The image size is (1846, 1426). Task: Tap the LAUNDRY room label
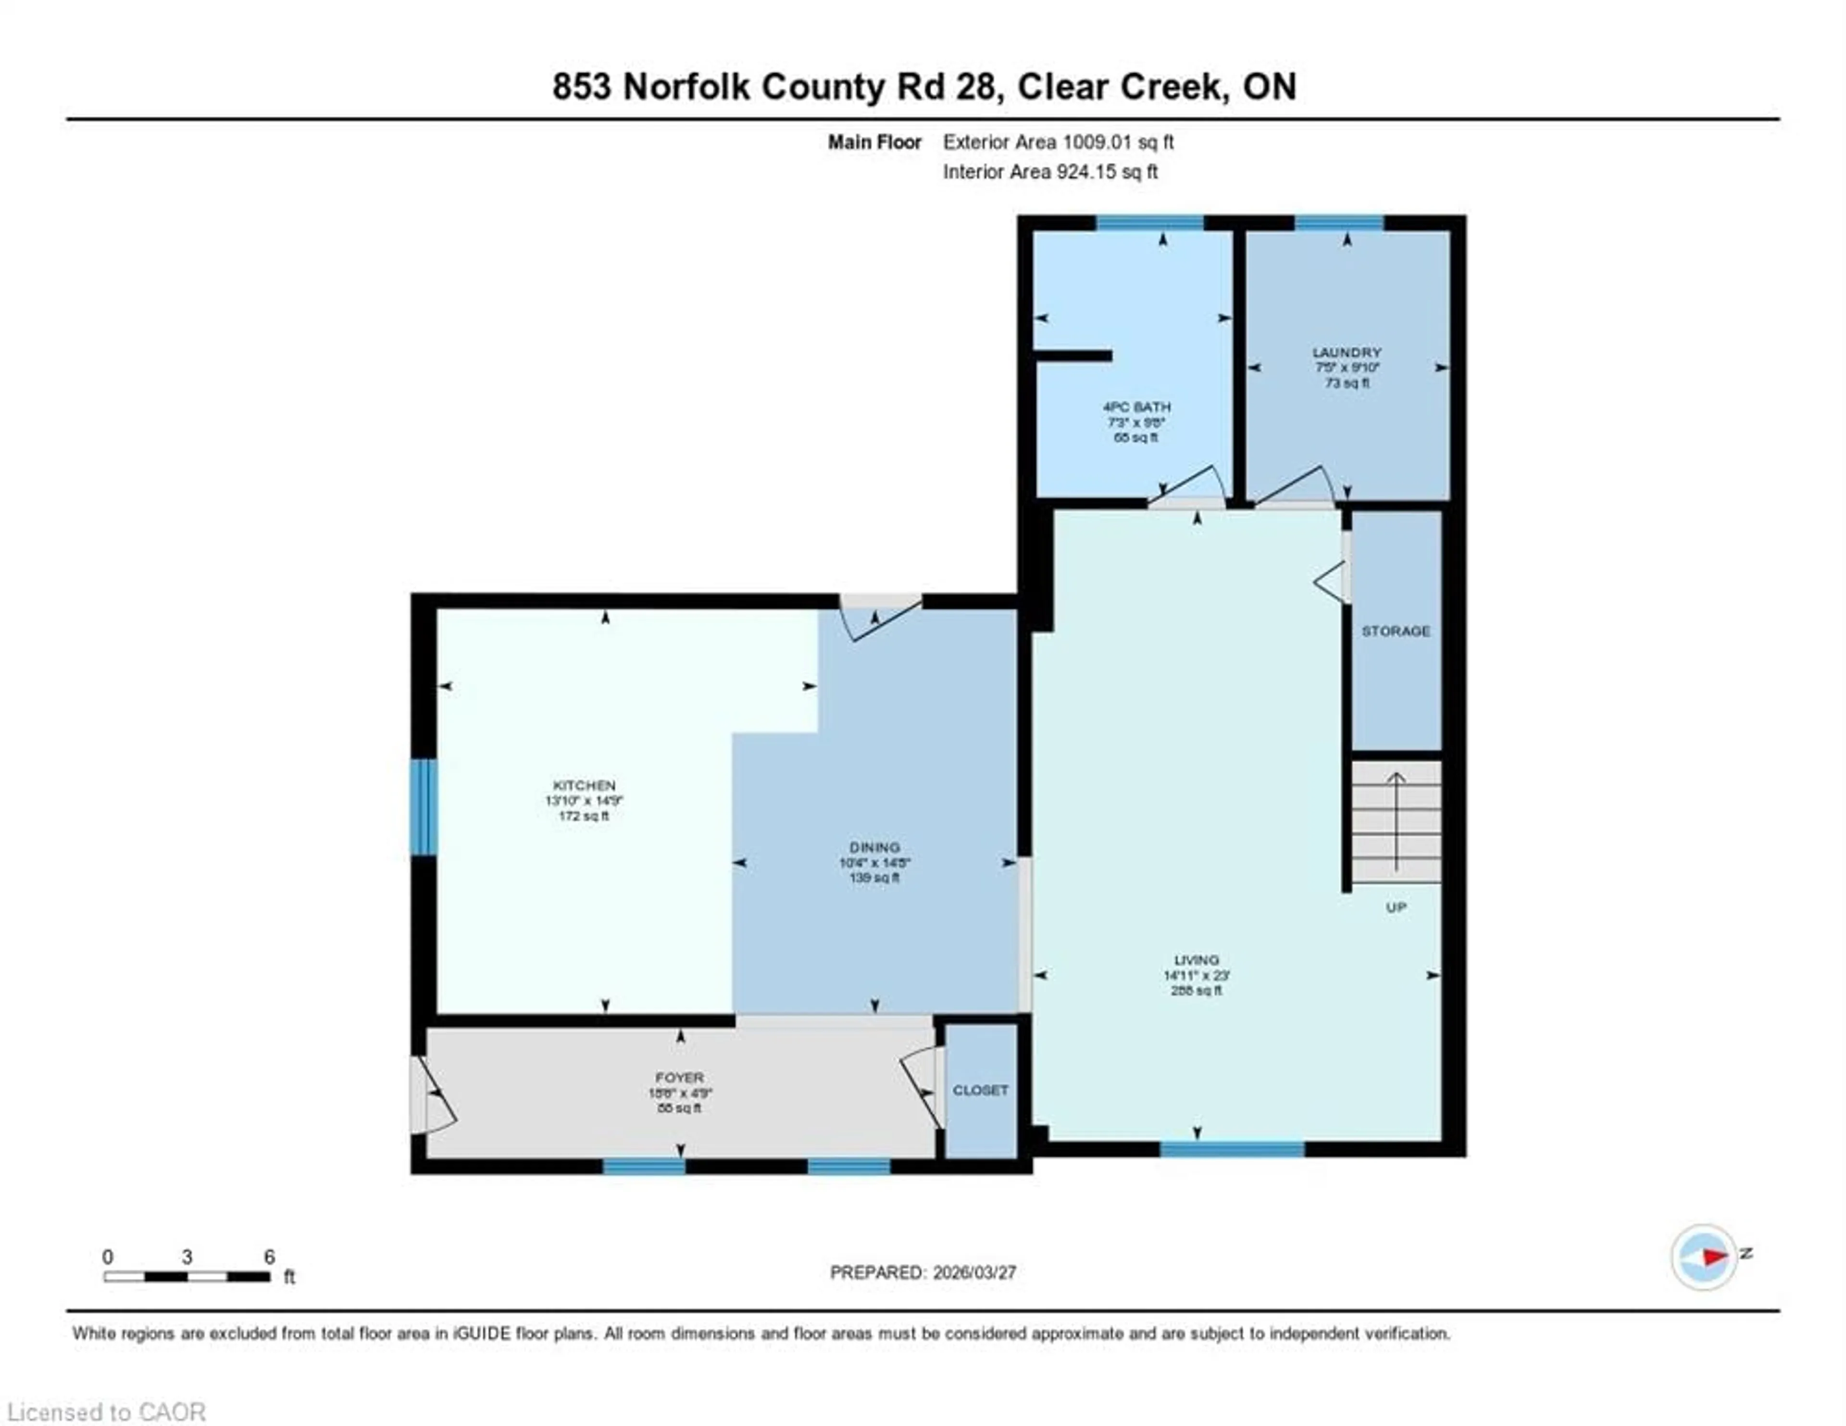coord(1347,352)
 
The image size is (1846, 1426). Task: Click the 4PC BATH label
coord(1136,407)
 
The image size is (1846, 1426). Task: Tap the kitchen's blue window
coord(424,806)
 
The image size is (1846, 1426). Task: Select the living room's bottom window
coord(1232,1149)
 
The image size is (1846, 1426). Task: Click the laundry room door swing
coord(1293,486)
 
